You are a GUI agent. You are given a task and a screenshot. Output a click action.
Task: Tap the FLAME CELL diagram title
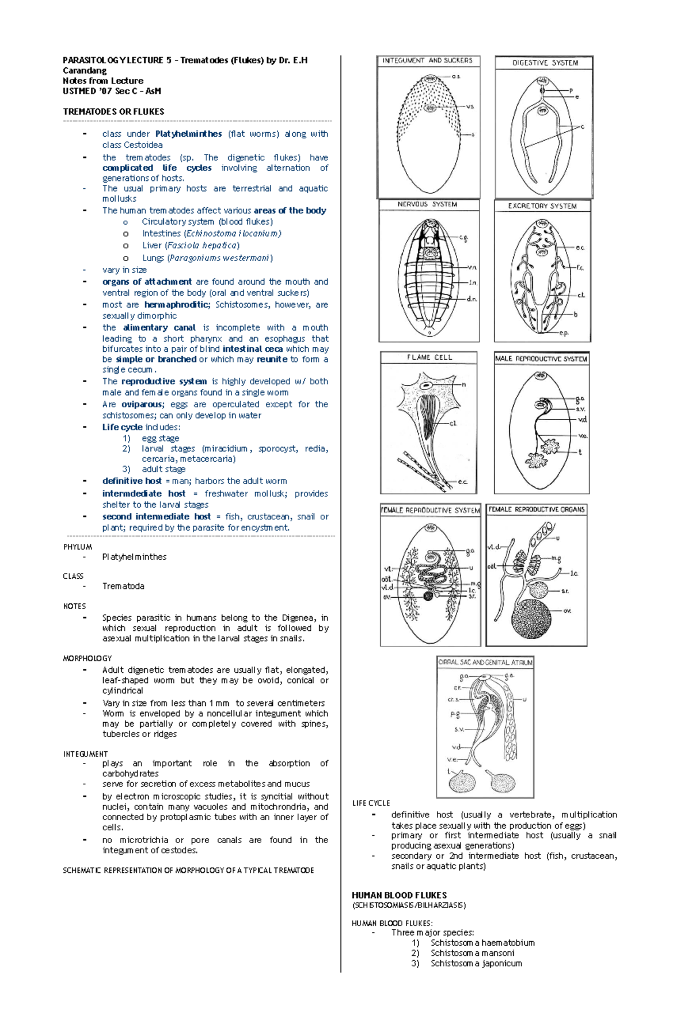click(x=429, y=357)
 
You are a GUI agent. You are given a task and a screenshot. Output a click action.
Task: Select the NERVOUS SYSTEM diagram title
click(x=427, y=204)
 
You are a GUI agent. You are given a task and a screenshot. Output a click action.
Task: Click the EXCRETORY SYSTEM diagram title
click(x=542, y=206)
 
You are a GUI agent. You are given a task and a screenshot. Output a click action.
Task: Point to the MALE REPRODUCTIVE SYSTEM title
click(x=541, y=359)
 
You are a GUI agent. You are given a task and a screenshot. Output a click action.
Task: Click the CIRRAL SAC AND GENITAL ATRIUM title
click(x=485, y=662)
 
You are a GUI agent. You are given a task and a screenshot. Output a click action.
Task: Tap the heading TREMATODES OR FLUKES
click(x=113, y=111)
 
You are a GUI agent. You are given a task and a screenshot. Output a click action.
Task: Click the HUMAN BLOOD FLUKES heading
click(x=399, y=895)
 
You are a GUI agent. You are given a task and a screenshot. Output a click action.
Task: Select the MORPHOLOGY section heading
click(x=87, y=658)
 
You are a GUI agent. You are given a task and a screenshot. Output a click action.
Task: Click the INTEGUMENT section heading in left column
click(x=85, y=754)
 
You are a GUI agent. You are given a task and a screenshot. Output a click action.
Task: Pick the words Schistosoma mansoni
click(x=472, y=953)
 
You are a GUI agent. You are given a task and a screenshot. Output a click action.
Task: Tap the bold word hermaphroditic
click(x=176, y=305)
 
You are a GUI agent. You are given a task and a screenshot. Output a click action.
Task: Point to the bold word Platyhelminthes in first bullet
click(x=188, y=134)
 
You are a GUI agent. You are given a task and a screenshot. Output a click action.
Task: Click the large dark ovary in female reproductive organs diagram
click(x=531, y=619)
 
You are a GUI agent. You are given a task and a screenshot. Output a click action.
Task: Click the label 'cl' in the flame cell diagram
click(x=453, y=424)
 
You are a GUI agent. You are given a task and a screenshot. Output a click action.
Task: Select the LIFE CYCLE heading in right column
click(x=371, y=803)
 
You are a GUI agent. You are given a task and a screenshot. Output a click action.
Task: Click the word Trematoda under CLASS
click(x=123, y=586)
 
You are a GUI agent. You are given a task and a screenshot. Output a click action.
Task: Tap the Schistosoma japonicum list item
click(x=476, y=964)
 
